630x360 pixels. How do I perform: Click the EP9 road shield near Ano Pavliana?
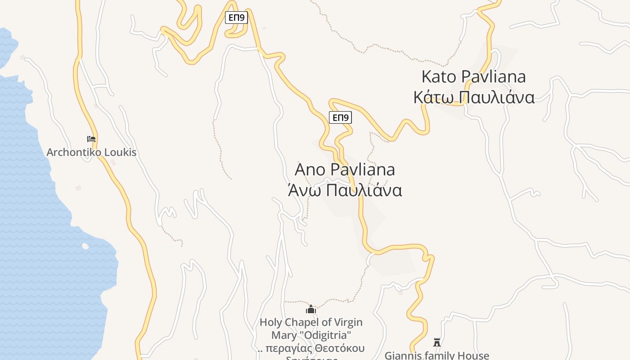coord(340,118)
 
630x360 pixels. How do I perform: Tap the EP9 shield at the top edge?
coord(236,18)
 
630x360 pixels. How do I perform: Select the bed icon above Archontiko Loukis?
coord(91,139)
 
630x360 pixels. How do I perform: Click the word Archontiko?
coord(74,152)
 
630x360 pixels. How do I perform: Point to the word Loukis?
coord(120,152)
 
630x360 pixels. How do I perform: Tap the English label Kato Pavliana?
coord(473,76)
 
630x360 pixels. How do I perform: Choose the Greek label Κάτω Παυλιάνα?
coord(474,97)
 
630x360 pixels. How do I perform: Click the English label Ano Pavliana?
coord(345,170)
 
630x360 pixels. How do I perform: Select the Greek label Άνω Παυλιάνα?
coord(345,190)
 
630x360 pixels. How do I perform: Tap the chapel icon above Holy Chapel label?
coord(311,310)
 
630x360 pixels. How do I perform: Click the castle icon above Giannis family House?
coord(436,342)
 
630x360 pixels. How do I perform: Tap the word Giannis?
coord(403,355)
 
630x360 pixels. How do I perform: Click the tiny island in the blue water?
coord(85,246)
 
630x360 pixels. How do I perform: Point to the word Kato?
coord(438,76)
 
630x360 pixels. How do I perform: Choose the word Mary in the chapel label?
coord(282,335)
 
